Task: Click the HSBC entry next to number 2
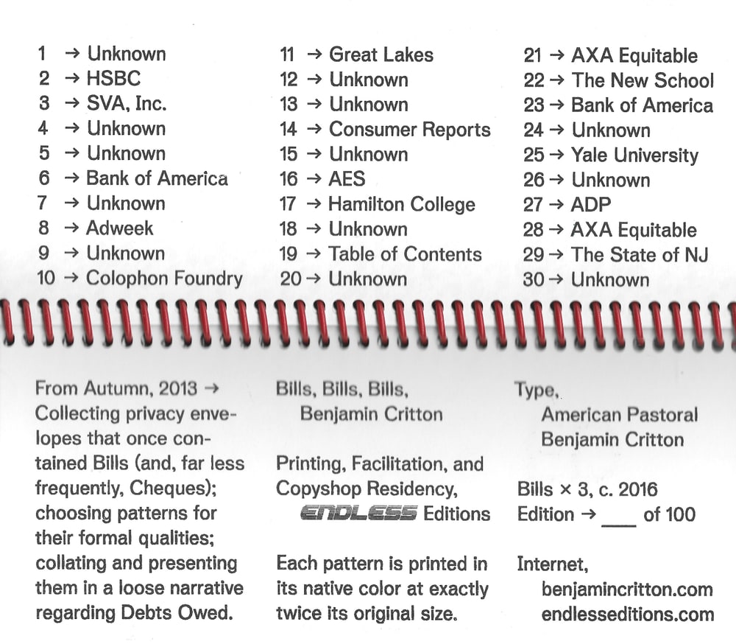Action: click(x=113, y=78)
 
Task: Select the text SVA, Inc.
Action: click(x=127, y=103)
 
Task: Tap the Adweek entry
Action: click(x=119, y=228)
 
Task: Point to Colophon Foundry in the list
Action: click(x=163, y=278)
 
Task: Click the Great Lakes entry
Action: click(x=381, y=55)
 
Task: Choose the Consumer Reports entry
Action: click(x=409, y=130)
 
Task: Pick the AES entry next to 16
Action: click(x=347, y=179)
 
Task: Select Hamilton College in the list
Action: click(x=401, y=204)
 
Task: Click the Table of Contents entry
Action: click(x=405, y=254)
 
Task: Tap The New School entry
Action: click(x=642, y=80)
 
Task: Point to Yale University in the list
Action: click(x=634, y=155)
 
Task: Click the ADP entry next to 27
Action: click(x=591, y=205)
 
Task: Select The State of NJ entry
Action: click(x=639, y=255)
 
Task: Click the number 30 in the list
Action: click(x=534, y=280)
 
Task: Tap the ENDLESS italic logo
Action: click(x=358, y=514)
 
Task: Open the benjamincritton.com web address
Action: click(x=626, y=589)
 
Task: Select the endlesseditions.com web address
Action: click(x=627, y=614)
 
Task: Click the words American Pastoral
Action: click(x=619, y=415)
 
